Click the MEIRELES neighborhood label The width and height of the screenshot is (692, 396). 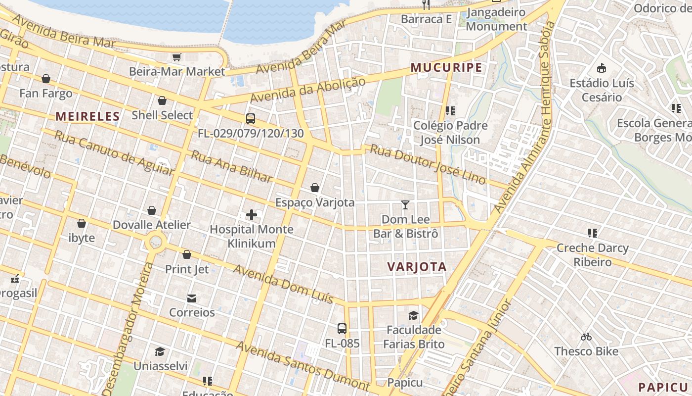(87, 117)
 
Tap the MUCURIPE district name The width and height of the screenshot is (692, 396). (446, 68)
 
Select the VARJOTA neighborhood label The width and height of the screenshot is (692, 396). (417, 267)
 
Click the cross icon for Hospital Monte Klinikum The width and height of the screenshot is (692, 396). (252, 215)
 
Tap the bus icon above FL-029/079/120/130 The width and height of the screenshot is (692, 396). (251, 119)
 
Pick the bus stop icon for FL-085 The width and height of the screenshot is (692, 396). (342, 329)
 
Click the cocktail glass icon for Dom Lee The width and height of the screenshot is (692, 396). (405, 205)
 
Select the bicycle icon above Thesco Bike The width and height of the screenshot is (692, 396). (586, 337)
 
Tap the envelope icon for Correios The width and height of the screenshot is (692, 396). (192, 298)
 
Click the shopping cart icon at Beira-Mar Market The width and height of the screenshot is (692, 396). (176, 57)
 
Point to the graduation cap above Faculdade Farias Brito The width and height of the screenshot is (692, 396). (413, 315)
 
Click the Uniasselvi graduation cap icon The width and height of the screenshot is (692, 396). (160, 352)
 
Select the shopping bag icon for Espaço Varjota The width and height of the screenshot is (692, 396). (315, 188)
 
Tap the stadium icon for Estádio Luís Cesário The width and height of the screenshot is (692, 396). (602, 68)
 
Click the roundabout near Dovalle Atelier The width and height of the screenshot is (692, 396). (156, 242)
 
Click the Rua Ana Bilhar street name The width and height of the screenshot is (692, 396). (231, 166)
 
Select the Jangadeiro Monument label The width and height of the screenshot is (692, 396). (496, 19)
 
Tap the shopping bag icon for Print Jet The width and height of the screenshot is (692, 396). (187, 255)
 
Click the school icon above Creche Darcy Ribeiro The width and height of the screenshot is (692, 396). (592, 233)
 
